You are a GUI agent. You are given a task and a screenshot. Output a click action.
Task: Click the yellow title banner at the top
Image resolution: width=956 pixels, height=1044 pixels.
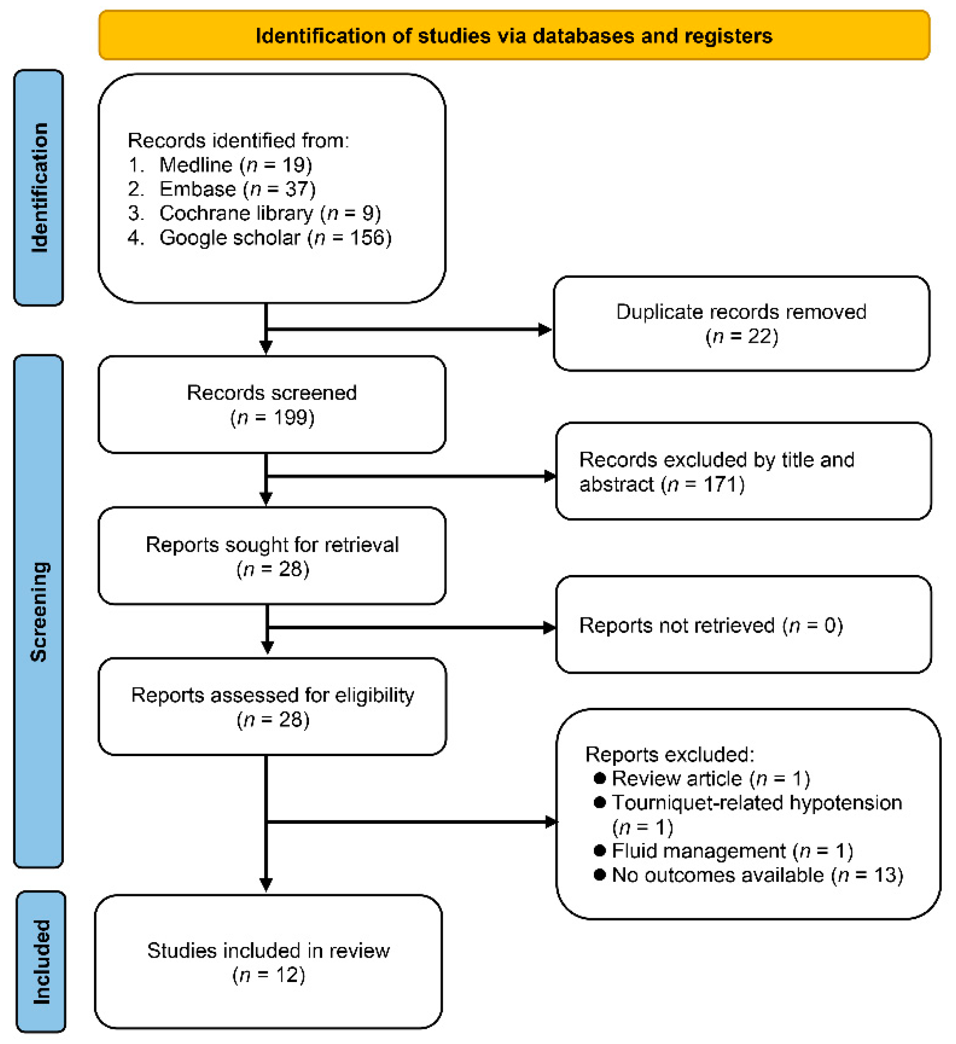click(514, 36)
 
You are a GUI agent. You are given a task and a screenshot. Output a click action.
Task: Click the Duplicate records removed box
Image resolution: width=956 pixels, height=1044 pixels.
click(741, 324)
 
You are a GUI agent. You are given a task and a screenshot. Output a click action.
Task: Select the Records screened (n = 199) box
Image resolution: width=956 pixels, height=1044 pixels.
click(272, 404)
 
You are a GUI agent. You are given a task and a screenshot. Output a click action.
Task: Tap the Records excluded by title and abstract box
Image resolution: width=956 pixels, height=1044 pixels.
click(743, 471)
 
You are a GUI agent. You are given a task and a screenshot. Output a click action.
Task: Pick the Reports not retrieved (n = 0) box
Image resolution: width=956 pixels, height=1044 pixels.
click(743, 625)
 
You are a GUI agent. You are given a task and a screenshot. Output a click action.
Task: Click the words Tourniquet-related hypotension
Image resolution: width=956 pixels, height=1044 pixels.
click(757, 803)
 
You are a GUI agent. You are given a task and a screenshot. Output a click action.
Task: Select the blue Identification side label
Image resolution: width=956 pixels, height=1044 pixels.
click(39, 187)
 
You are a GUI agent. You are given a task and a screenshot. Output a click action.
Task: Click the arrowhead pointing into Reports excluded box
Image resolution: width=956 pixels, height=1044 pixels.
click(551, 822)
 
